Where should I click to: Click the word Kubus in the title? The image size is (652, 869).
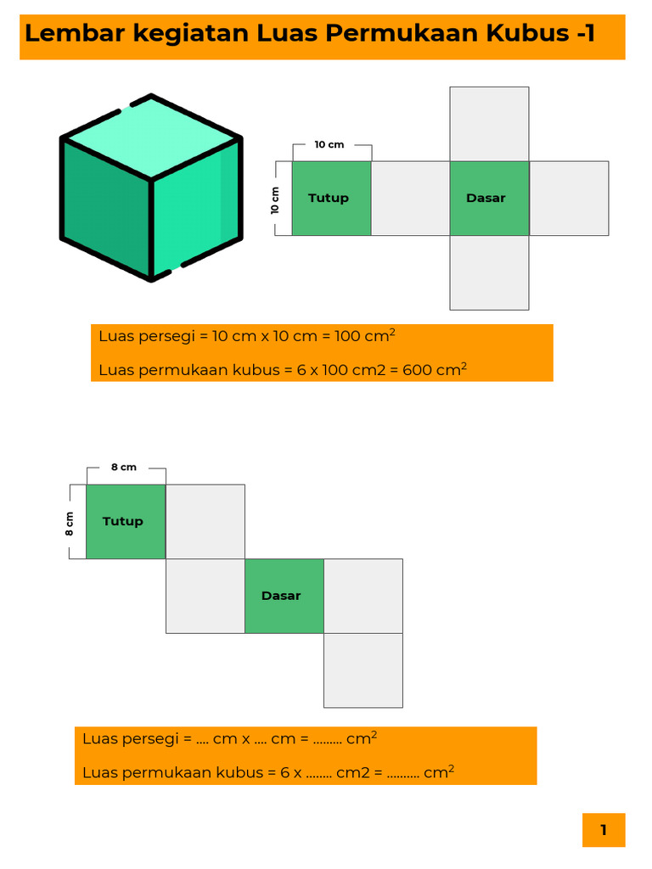pyautogui.click(x=528, y=33)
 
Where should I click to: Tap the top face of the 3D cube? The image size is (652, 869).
pyautogui.click(x=151, y=137)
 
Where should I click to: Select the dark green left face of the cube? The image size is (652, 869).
pyautogui.click(x=106, y=206)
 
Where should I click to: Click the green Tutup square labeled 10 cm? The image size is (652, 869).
pyautogui.click(x=332, y=199)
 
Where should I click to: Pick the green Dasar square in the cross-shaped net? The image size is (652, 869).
pyautogui.click(x=489, y=199)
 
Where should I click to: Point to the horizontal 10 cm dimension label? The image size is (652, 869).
pyautogui.click(x=329, y=144)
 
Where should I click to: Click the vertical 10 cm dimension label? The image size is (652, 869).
pyautogui.click(x=275, y=200)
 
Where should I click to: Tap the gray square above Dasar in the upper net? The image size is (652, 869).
pyautogui.click(x=489, y=124)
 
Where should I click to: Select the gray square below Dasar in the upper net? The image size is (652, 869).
pyautogui.click(x=489, y=272)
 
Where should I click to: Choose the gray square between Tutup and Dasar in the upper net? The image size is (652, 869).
pyautogui.click(x=410, y=199)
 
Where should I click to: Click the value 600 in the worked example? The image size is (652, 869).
pyautogui.click(x=416, y=370)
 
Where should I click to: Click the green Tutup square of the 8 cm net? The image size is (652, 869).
pyautogui.click(x=126, y=522)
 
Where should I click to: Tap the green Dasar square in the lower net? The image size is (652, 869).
pyautogui.click(x=284, y=596)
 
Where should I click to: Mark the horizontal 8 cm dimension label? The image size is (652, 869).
pyautogui.click(x=124, y=468)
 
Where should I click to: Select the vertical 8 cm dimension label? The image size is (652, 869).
pyautogui.click(x=70, y=524)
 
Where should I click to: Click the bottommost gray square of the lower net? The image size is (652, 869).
pyautogui.click(x=363, y=670)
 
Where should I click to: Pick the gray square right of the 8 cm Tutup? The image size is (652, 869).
pyautogui.click(x=205, y=522)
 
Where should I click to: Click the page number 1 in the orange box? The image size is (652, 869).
pyautogui.click(x=604, y=830)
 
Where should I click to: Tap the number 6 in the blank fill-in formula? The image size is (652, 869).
pyautogui.click(x=285, y=772)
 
